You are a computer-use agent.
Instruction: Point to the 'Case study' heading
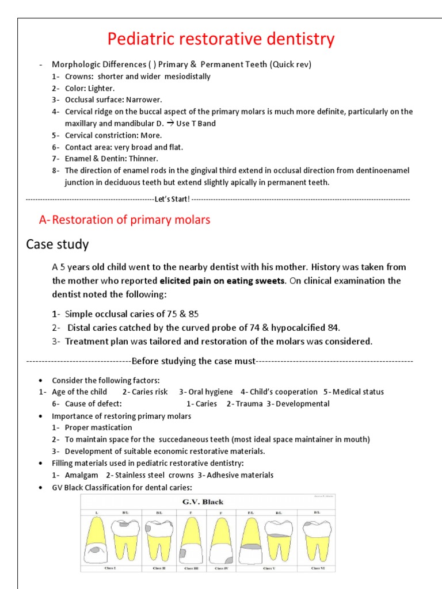(58, 244)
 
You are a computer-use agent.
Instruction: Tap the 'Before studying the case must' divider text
(193, 361)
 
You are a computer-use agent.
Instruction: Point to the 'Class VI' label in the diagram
(318, 568)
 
